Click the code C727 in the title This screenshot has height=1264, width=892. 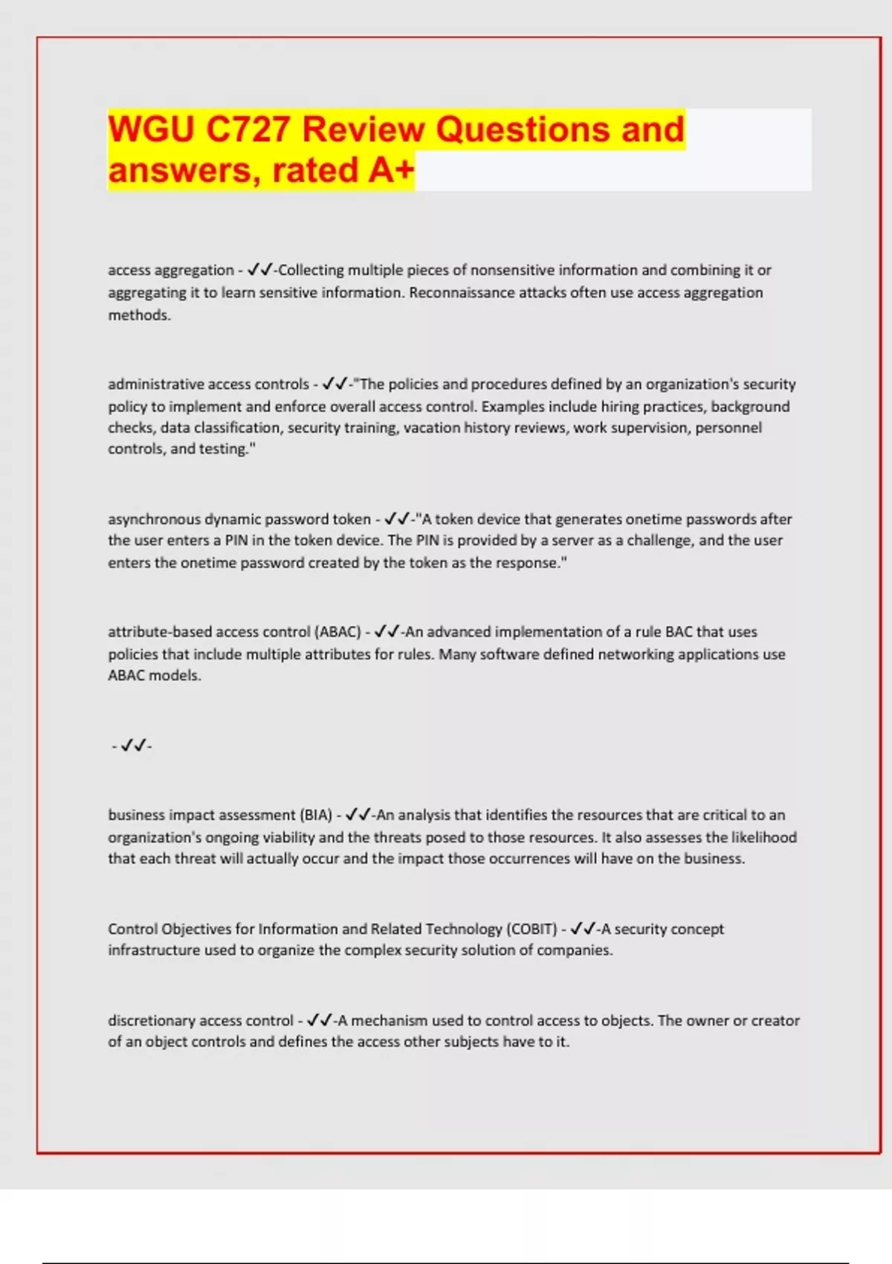tap(247, 129)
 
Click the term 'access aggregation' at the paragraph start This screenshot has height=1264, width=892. tap(171, 270)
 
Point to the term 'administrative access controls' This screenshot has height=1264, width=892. tap(208, 384)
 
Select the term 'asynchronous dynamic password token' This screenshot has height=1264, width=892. tap(239, 519)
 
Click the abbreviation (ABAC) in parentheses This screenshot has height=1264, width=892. tap(338, 632)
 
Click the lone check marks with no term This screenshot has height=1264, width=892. tap(132, 745)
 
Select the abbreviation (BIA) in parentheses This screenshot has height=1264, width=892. tap(316, 815)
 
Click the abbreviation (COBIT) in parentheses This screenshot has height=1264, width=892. tap(531, 929)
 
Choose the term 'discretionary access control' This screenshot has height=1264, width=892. tap(201, 1021)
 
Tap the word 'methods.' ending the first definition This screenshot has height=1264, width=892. tap(140, 315)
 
